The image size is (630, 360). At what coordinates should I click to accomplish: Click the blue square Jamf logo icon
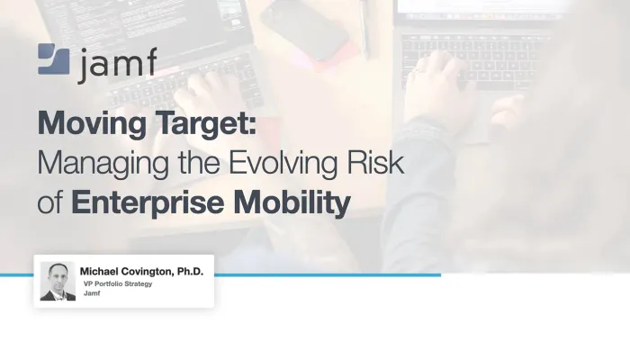tap(54, 59)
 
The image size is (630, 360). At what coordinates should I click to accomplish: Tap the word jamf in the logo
tap(118, 65)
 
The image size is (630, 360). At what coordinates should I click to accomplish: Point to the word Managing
tap(103, 164)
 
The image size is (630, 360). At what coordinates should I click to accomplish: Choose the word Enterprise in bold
tap(148, 203)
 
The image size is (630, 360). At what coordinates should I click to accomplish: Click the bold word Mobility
tap(292, 203)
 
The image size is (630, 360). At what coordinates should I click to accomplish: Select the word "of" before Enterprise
tap(49, 202)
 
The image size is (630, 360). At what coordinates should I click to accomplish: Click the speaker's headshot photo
tap(58, 281)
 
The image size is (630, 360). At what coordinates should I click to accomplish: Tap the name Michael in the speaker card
tap(99, 272)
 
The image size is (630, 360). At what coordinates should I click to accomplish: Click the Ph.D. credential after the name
tap(191, 272)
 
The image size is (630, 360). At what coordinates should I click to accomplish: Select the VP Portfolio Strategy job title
tap(118, 284)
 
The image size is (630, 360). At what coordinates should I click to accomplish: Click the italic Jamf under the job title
tap(92, 293)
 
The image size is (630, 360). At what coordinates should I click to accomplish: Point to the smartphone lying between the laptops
tap(304, 29)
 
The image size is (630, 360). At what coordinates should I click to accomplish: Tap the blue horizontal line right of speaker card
tap(328, 275)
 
